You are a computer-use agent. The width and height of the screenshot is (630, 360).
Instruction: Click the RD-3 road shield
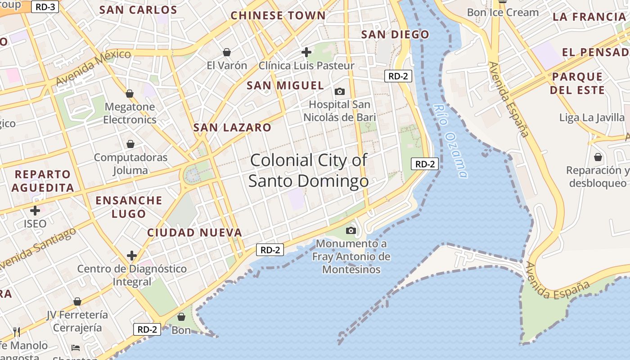[x=45, y=7]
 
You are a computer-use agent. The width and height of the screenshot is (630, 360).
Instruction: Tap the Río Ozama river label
[x=451, y=140]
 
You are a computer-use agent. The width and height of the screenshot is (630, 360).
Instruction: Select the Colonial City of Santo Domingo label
[x=308, y=171]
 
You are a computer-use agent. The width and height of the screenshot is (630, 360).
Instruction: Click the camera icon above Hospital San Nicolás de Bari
[x=340, y=92]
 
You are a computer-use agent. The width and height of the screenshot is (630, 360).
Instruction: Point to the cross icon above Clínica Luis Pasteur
[x=306, y=53]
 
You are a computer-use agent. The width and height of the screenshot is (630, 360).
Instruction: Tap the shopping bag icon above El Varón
[x=227, y=53]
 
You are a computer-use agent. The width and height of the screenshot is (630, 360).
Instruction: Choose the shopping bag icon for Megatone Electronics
[x=130, y=94]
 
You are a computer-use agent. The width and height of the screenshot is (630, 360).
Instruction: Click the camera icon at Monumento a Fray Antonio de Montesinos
[x=351, y=231]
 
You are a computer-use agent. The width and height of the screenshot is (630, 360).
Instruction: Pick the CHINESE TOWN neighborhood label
[x=278, y=15]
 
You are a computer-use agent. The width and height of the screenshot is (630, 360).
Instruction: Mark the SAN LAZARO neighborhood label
[x=232, y=128]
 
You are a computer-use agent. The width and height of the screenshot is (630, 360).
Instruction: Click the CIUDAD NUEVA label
[x=195, y=233]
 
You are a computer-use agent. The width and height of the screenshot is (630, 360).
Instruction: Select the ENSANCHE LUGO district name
[x=129, y=207]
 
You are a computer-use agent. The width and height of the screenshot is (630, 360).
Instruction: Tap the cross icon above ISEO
[x=35, y=211]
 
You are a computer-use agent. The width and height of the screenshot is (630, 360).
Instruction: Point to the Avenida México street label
[x=94, y=67]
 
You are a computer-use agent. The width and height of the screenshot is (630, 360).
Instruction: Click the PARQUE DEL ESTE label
[x=577, y=83]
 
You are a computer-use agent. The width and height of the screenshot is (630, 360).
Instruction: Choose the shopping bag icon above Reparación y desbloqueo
[x=598, y=157]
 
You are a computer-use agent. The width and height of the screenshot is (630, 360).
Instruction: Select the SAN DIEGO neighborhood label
[x=395, y=35]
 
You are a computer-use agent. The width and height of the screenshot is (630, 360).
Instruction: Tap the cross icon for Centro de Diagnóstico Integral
[x=132, y=256]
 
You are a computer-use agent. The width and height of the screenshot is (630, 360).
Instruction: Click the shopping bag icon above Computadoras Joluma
[x=130, y=144]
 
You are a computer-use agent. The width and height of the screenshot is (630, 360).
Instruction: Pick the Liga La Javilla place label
[x=592, y=118]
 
